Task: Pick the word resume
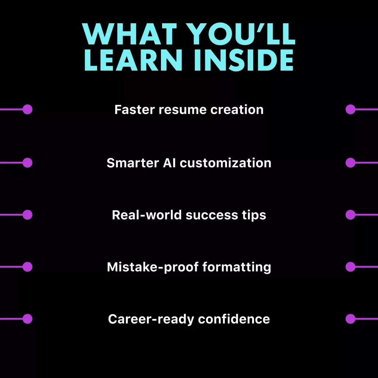pos(182,110)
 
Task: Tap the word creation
pos(237,110)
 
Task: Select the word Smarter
pos(133,163)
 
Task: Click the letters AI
pos(169,163)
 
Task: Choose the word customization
pos(226,163)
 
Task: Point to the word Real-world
pos(147,215)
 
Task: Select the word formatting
pos(237,267)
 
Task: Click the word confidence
pos(234,319)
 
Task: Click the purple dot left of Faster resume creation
pos(27,109)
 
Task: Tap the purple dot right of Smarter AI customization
pos(351,163)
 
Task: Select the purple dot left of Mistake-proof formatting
pos(27,267)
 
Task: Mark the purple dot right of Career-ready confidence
pos(351,319)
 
